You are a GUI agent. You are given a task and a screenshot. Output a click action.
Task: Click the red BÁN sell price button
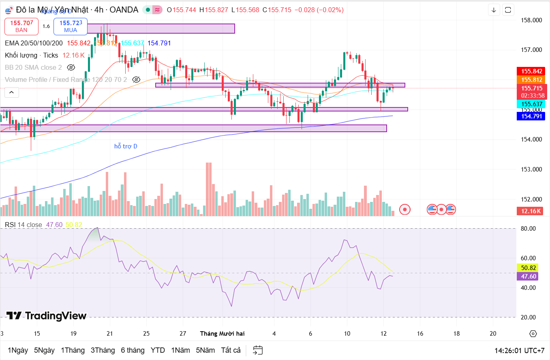point(21,26)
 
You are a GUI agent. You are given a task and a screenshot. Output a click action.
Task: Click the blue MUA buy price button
point(71,26)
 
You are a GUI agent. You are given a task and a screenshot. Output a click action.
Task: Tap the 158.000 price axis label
point(531,20)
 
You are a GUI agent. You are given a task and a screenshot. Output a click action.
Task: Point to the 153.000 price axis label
point(531,169)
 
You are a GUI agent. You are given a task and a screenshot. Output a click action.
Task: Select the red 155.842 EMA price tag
point(532,71)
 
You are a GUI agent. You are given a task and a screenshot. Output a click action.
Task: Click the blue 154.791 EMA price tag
point(532,116)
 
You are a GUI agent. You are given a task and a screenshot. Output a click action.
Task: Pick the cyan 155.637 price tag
point(532,104)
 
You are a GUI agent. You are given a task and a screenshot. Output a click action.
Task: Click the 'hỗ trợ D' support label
point(126,146)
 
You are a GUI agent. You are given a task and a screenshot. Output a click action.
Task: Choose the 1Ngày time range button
point(18,350)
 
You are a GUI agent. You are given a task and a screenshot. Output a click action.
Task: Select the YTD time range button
point(158,350)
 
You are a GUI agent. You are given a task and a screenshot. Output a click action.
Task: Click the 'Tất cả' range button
point(231,350)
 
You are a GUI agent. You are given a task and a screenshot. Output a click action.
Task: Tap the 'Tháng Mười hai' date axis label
point(222,333)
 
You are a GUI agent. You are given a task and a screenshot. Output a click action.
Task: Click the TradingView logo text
point(46,316)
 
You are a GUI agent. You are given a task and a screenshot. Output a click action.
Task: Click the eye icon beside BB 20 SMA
point(71,67)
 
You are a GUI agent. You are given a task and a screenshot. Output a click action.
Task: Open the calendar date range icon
point(258,350)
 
